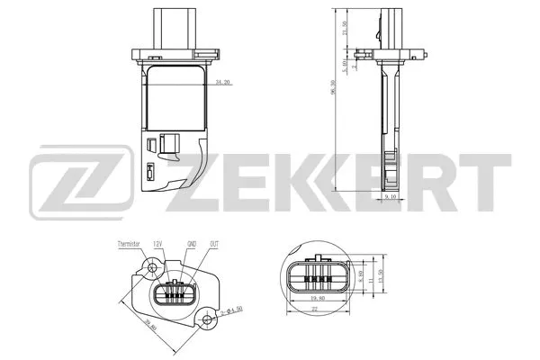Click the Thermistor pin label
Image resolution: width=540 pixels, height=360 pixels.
(130, 243)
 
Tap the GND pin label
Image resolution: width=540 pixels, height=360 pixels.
(190, 243)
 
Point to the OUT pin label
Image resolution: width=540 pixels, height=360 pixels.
(213, 243)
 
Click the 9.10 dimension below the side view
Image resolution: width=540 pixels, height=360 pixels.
(390, 194)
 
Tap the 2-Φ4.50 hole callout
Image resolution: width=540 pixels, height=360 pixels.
(229, 311)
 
